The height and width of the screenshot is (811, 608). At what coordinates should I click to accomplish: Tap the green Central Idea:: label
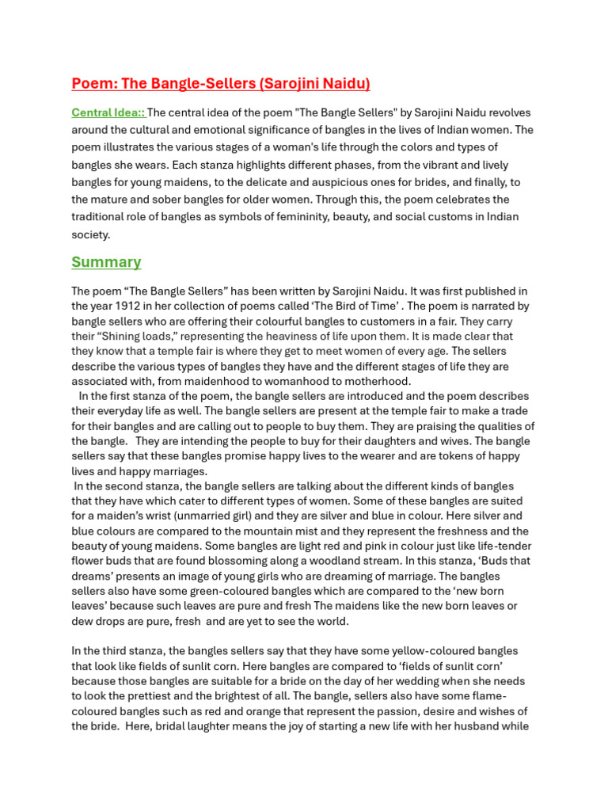108,112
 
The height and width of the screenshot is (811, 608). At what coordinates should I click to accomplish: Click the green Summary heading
106,262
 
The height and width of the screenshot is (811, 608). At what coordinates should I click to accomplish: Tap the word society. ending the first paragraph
91,234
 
